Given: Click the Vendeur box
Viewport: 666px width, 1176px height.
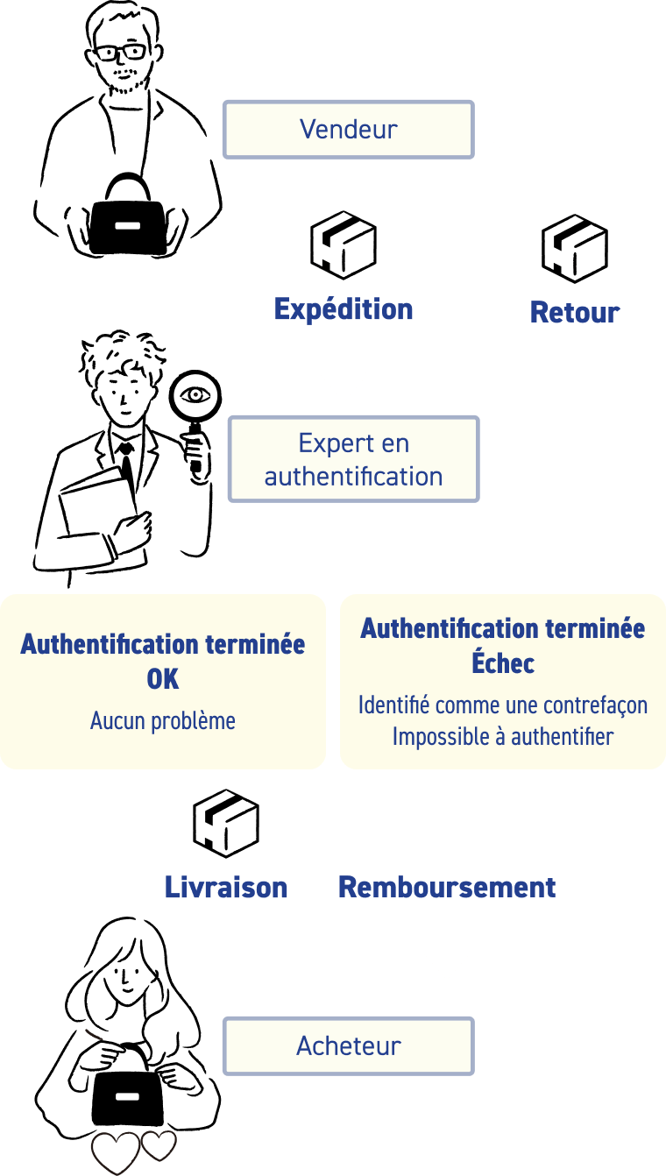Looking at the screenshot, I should coord(348,130).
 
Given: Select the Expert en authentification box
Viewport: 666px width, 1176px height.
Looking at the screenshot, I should coord(353,459).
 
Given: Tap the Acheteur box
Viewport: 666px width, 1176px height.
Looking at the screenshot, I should coord(348,1045).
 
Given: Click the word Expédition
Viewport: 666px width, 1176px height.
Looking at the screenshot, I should coord(344,309).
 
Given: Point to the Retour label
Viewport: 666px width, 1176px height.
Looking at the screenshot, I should coord(575,312).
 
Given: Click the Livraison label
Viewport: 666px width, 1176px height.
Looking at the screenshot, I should coord(226,888).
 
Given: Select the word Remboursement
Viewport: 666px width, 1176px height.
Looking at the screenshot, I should coord(447,888).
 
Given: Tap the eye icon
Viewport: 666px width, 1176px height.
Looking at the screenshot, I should coord(195,395).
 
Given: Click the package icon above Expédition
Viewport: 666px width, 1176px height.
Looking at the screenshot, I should coord(344,244).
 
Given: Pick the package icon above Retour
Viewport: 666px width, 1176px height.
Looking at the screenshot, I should coord(575,248).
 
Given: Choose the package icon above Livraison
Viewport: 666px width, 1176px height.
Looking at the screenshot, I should coord(226,823).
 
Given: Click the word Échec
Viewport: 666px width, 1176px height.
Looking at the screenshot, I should coord(503,663).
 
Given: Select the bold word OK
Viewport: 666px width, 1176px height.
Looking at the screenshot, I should coord(163,679).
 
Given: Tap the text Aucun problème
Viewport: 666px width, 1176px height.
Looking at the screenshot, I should coord(163,721).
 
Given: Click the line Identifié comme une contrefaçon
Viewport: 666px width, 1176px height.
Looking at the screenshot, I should coord(503,705).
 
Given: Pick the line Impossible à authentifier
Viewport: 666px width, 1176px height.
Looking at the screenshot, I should coord(503,737).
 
